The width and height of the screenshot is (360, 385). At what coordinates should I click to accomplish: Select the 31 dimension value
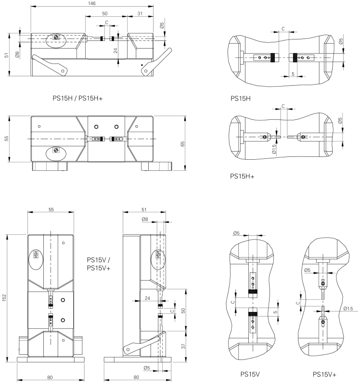pos(140,13)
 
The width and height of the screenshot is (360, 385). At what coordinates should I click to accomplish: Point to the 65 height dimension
pos(182,143)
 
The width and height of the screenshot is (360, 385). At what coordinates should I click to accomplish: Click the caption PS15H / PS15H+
pos(78,99)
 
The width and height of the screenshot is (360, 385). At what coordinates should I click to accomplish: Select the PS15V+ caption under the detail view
pos(324,374)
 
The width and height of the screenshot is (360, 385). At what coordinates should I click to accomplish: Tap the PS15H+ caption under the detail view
pos(243,177)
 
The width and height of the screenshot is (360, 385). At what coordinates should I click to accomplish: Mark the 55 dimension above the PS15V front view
pos(51,209)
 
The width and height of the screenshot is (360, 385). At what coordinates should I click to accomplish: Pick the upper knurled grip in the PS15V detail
pos(252,292)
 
